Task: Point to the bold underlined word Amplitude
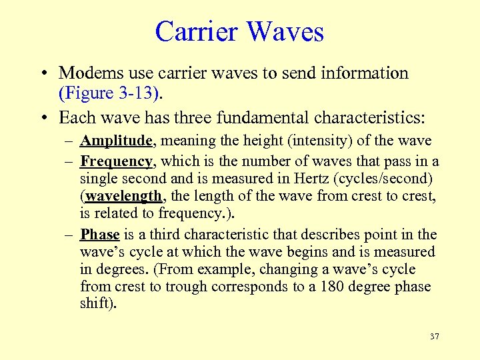pyautogui.click(x=117, y=141)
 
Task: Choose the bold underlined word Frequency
pyautogui.click(x=117, y=161)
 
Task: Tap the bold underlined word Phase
pyautogui.click(x=100, y=234)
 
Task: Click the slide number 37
pyautogui.click(x=435, y=337)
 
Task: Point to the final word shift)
pyautogui.click(x=98, y=304)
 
